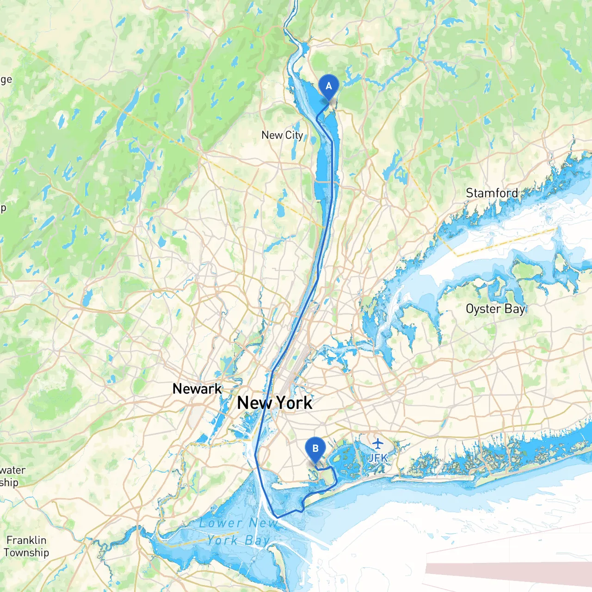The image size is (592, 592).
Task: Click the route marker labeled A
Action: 329,87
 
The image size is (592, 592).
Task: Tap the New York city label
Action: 275,403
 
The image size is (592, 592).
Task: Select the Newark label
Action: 197,388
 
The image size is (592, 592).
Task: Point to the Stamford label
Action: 492,193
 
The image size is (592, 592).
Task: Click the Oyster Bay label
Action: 495,309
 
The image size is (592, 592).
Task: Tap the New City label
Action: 282,135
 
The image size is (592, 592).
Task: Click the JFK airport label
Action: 378,458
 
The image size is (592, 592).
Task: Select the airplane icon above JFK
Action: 378,444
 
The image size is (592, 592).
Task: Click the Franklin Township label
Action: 26,546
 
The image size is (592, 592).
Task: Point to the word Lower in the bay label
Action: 221,523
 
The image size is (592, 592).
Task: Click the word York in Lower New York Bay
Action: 222,540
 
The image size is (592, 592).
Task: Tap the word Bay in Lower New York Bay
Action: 258,540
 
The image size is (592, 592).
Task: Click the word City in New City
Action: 294,135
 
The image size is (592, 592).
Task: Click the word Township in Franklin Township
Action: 26,553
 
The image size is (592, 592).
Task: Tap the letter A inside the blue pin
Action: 329,86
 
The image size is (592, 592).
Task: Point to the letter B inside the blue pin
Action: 315,449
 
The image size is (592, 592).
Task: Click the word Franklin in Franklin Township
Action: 26,540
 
